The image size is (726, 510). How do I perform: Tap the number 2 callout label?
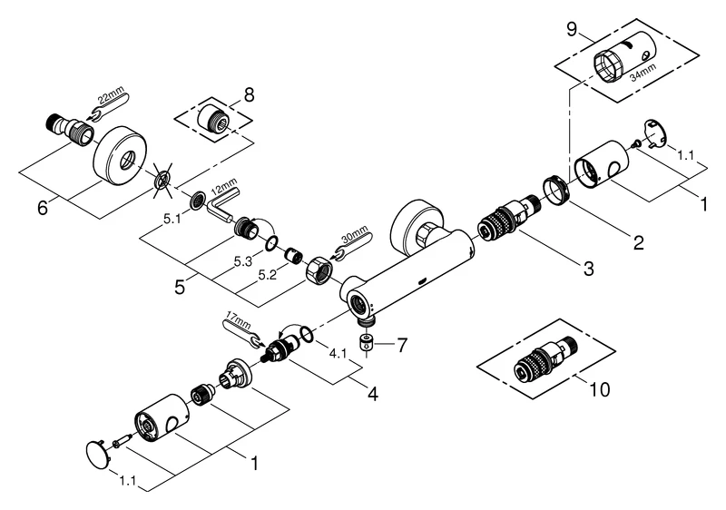coord(639,243)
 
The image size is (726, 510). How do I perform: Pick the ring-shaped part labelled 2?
coord(555,187)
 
